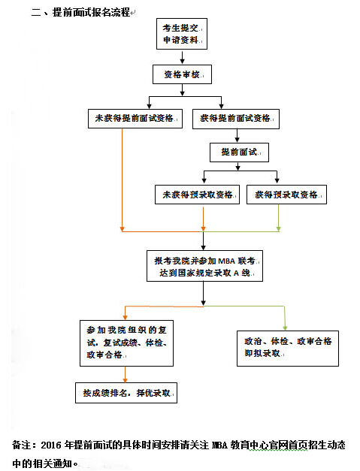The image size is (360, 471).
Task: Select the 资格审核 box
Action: pyautogui.click(x=181, y=75)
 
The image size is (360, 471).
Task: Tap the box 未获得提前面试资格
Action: pyautogui.click(x=133, y=118)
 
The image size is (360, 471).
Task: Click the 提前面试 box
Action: pyautogui.click(x=239, y=152)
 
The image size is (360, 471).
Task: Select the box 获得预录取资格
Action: pyautogui.click(x=286, y=195)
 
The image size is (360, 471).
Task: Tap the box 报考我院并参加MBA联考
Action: pyautogui.click(x=204, y=267)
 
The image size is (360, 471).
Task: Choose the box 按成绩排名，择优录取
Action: pyautogui.click(x=126, y=393)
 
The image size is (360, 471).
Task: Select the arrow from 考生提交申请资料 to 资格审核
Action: pyautogui.click(x=180, y=57)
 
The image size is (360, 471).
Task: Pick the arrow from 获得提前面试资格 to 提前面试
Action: pyautogui.click(x=238, y=135)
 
